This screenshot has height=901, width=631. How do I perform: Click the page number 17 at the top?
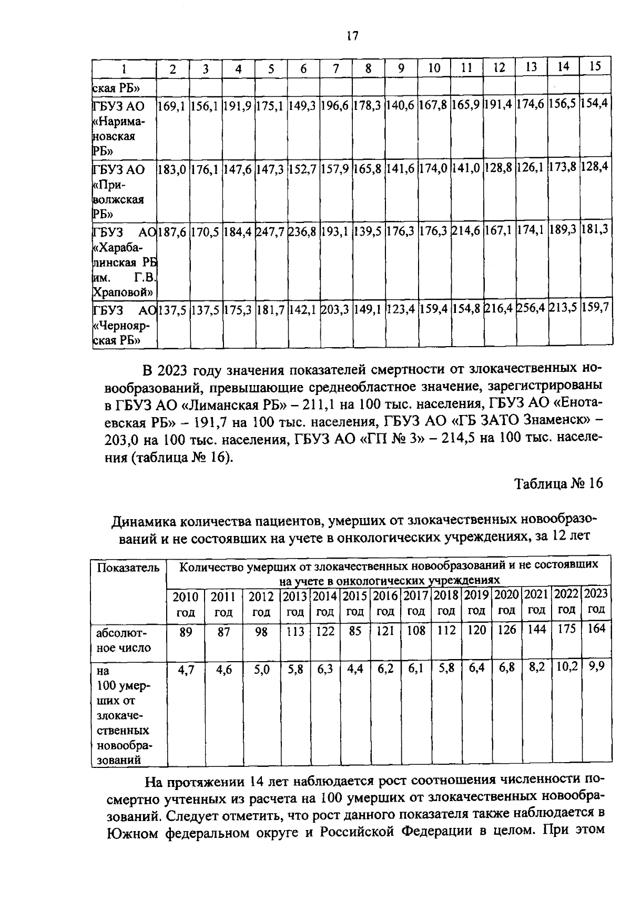[x=352, y=36]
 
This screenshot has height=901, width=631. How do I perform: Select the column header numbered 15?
[x=595, y=67]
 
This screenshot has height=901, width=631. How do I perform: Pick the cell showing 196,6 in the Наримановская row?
[x=335, y=105]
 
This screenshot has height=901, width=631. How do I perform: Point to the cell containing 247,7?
[x=270, y=230]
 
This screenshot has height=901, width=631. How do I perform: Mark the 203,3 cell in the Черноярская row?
[x=335, y=309]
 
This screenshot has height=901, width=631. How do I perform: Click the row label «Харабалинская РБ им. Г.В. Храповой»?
[x=124, y=261]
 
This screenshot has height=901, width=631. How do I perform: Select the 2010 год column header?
[x=186, y=604]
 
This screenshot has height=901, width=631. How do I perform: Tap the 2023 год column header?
[x=596, y=601]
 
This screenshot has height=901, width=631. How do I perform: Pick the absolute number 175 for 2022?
[x=566, y=629]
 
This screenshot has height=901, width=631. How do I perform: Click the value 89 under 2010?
[x=186, y=632]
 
